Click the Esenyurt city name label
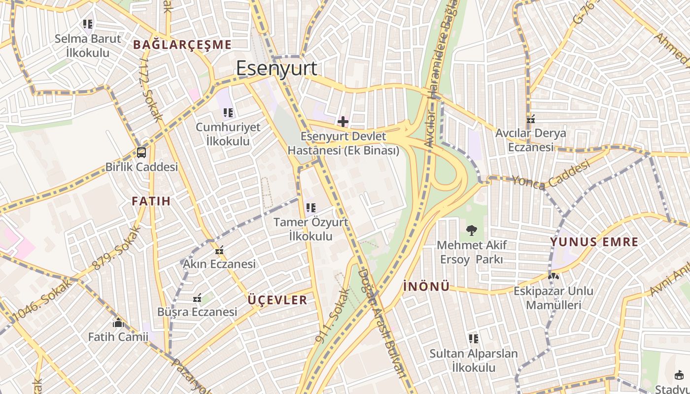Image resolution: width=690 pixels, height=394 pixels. click(x=276, y=68)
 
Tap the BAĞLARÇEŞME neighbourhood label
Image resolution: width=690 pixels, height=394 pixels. click(x=182, y=45)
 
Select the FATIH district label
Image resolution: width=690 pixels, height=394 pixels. click(x=151, y=201)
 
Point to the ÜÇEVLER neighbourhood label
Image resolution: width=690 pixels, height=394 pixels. click(x=277, y=300)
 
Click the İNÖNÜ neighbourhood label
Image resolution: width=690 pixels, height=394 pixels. click(x=426, y=286)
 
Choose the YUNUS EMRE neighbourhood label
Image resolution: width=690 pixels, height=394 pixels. click(x=594, y=242)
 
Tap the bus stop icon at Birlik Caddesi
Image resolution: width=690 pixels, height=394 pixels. click(x=141, y=153)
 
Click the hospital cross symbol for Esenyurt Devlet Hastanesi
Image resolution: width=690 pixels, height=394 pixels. click(x=343, y=121)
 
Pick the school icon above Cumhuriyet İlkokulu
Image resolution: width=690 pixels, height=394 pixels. click(x=228, y=113)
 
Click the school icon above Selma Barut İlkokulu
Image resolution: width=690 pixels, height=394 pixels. click(x=88, y=24)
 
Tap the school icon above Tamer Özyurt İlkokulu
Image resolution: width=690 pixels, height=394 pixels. click(x=310, y=208)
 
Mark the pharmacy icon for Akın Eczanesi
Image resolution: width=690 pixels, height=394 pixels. click(x=219, y=251)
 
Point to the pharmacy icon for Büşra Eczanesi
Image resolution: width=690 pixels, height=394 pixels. click(x=197, y=298)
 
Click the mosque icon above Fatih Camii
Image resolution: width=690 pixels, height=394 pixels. click(x=118, y=323)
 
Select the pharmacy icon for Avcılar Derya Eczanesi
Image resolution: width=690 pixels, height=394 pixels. click(x=531, y=119)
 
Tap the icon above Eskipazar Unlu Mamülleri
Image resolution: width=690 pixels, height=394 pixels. click(x=553, y=277)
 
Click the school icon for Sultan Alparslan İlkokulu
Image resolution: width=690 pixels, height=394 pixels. click(x=474, y=339)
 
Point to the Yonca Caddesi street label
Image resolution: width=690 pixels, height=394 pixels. click(x=551, y=175)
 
